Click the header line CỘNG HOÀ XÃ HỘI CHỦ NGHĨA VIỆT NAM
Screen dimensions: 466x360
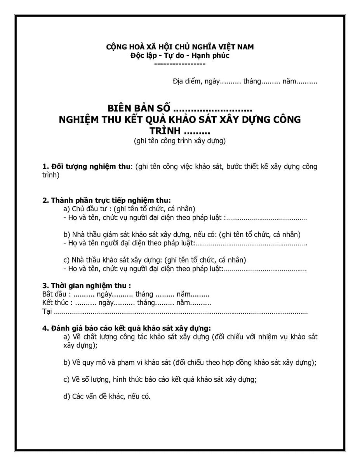pos(180,47)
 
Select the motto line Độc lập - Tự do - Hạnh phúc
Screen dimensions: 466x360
pos(180,56)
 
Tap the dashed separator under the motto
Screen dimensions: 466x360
pos(180,64)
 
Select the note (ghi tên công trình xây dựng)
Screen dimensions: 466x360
pos(180,141)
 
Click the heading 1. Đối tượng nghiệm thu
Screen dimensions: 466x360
pos(87,167)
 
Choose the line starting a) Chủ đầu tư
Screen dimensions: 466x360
pos(129,209)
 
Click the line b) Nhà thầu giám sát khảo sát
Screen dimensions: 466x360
pos(182,235)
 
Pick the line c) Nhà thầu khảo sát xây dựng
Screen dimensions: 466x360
pos(154,260)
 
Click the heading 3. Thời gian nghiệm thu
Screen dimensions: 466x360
pos(87,286)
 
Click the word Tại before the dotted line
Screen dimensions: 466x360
pos(47,311)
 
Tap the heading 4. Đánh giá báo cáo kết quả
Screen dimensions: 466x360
pos(127,328)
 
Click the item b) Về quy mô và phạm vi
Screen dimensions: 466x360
pos(190,363)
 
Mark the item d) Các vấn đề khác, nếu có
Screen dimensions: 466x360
pos(107,396)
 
